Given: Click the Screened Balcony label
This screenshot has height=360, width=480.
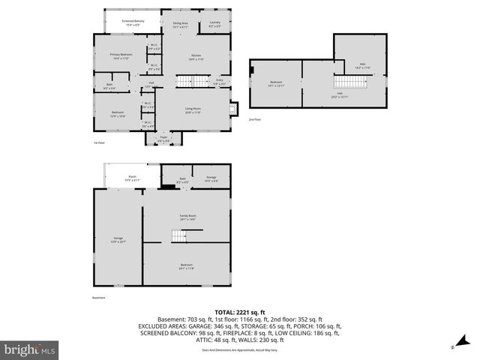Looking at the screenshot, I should tap(134, 22).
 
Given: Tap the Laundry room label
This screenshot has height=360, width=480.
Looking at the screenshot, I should tap(214, 24).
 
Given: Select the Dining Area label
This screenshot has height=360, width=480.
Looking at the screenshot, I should tap(180, 25).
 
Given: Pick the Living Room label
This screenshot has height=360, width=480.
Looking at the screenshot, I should tap(193, 110).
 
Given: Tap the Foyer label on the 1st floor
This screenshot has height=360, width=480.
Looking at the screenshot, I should tap(163, 139).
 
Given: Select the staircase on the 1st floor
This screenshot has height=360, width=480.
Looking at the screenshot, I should tap(185, 80).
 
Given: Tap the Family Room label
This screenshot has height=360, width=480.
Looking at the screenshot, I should tap(187, 217).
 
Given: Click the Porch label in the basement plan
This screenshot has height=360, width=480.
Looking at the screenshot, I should tap(131, 179).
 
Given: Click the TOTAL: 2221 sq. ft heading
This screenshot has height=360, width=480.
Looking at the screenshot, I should tap(239, 312).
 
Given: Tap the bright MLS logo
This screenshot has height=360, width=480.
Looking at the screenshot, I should tap(30, 349).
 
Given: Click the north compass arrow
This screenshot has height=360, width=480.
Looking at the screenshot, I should tap(453, 347).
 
